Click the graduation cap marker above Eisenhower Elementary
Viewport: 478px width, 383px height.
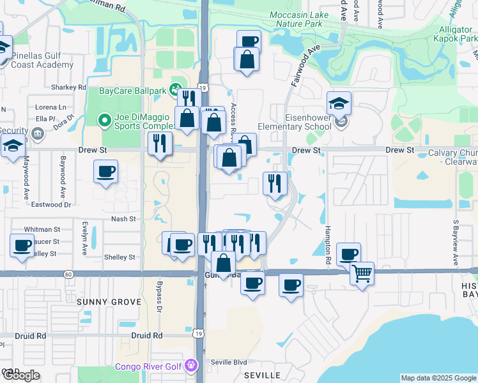[x=339, y=103]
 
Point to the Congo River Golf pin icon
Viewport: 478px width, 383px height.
[x=190, y=366]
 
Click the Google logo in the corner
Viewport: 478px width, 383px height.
[x=21, y=375]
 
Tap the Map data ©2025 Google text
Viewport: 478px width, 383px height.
[x=438, y=378]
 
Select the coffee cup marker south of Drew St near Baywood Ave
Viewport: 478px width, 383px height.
[x=105, y=171]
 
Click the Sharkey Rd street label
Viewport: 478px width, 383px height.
[x=69, y=87]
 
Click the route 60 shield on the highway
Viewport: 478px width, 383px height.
[x=68, y=274]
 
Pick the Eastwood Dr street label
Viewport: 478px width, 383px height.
[x=50, y=205]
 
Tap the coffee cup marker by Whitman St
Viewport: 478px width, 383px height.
[x=22, y=245]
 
